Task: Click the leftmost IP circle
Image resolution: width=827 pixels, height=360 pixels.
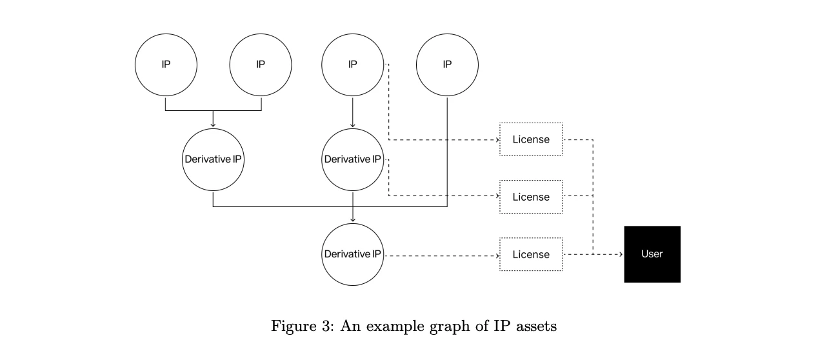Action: [166, 65]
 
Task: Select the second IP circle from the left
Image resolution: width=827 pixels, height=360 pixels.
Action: [261, 65]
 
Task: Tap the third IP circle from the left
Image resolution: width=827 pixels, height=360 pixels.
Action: [352, 65]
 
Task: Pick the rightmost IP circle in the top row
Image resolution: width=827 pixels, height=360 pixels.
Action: [447, 65]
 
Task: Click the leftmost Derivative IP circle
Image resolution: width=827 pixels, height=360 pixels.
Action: [214, 159]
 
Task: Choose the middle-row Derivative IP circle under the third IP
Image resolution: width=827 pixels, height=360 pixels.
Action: [352, 159]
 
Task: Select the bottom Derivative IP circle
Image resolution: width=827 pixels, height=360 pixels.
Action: [352, 254]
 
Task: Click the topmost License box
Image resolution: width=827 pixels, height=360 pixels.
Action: [531, 139]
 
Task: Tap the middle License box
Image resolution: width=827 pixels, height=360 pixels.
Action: [531, 197]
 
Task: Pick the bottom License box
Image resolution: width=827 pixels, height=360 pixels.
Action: [531, 254]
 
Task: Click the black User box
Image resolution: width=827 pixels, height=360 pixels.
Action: [652, 254]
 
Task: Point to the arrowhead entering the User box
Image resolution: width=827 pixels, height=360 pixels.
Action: [621, 254]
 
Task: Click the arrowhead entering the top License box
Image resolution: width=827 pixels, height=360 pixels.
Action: [497, 139]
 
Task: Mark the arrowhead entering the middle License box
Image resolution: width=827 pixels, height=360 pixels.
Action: [497, 197]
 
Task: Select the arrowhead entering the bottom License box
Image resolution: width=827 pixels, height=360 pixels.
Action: [497, 255]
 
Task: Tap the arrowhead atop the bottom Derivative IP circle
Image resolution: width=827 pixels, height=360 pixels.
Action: [352, 220]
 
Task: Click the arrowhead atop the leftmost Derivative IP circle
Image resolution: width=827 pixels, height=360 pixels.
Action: [214, 125]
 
